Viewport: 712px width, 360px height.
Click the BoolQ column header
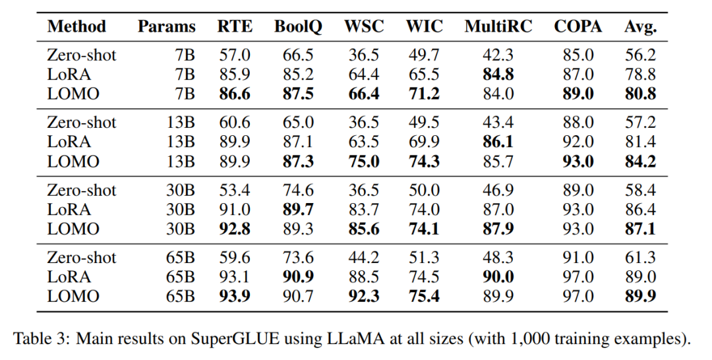(298, 27)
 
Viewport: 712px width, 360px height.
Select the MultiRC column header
(498, 27)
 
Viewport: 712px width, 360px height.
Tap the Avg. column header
(641, 27)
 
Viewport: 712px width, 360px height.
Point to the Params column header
(167, 27)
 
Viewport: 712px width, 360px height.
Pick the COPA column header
(578, 27)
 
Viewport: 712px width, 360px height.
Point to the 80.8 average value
(640, 94)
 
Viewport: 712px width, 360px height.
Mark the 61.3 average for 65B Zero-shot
(640, 258)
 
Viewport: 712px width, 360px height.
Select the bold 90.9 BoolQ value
(299, 277)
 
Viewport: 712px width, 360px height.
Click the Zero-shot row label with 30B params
(81, 191)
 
